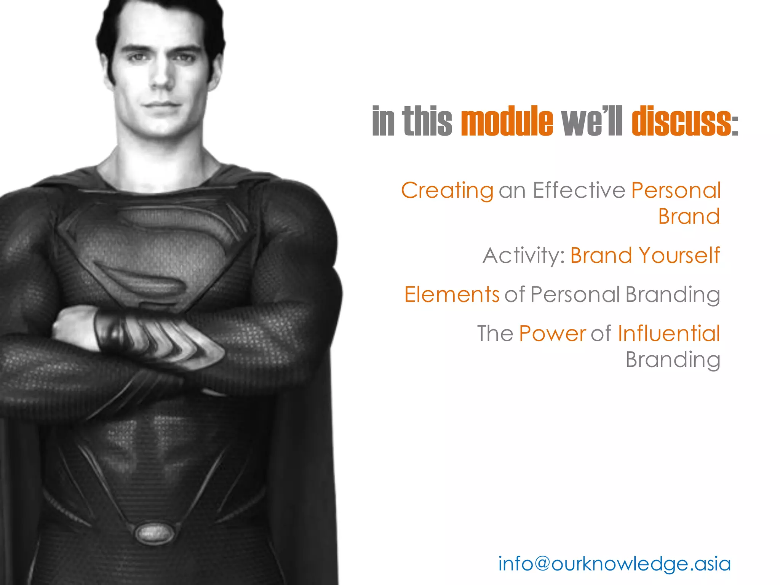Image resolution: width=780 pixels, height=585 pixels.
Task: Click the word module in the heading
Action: pyautogui.click(x=507, y=121)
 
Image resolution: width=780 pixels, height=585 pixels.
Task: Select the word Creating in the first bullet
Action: pyautogui.click(x=447, y=190)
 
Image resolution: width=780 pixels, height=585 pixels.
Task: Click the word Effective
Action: pyautogui.click(x=579, y=190)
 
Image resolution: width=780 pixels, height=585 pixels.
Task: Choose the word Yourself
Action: pyautogui.click(x=679, y=255)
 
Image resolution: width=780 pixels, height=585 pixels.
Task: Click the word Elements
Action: pyautogui.click(x=452, y=294)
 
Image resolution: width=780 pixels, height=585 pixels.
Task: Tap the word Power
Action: pyautogui.click(x=552, y=334)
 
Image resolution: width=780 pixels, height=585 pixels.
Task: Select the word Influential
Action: pyautogui.click(x=669, y=334)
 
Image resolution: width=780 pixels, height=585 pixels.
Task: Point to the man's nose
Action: pyautogui.click(x=161, y=76)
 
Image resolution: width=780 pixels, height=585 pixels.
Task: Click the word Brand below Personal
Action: pyautogui.click(x=689, y=217)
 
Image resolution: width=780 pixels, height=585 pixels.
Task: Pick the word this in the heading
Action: pyautogui.click(x=427, y=121)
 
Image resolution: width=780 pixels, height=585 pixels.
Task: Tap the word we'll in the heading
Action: pyautogui.click(x=591, y=121)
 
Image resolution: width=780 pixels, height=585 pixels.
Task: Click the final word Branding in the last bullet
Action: pyautogui.click(x=673, y=360)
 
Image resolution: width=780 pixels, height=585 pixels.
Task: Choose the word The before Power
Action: pyautogui.click(x=495, y=334)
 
